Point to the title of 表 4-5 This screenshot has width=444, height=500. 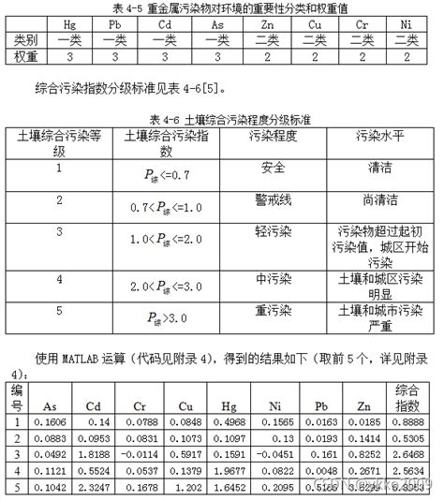222,7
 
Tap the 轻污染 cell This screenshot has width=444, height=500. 274,230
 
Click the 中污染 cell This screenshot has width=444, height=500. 274,278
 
